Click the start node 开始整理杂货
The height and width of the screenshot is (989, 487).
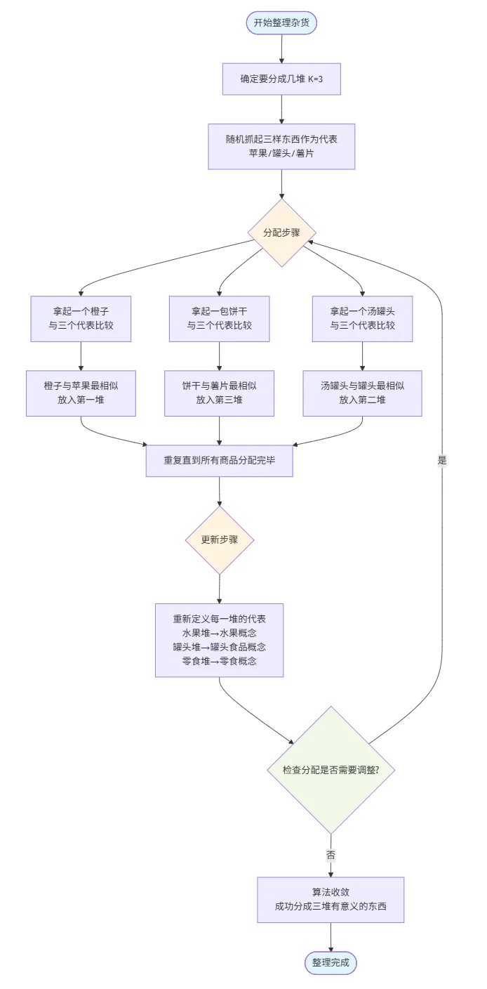(281, 23)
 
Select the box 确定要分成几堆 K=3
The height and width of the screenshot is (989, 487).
(281, 79)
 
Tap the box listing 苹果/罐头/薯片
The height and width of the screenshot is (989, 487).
(281, 146)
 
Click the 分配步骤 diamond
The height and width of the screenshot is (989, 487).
(281, 232)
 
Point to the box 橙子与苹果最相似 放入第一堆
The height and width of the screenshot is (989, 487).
(81, 393)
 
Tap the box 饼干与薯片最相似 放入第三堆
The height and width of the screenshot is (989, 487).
(219, 393)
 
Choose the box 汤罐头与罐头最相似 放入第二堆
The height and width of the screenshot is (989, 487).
(362, 393)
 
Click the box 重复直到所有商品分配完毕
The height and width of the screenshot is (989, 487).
(219, 461)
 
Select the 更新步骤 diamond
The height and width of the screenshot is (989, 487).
(219, 540)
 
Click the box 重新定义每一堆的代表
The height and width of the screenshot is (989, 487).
(219, 640)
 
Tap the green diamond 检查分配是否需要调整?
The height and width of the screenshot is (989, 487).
(331, 770)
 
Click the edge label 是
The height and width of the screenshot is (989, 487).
(441, 461)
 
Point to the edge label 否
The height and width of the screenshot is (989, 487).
(331, 856)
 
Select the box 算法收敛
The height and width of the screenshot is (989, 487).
(331, 900)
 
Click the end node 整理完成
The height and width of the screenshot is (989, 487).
(331, 962)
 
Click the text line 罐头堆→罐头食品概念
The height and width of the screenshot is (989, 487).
(219, 647)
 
